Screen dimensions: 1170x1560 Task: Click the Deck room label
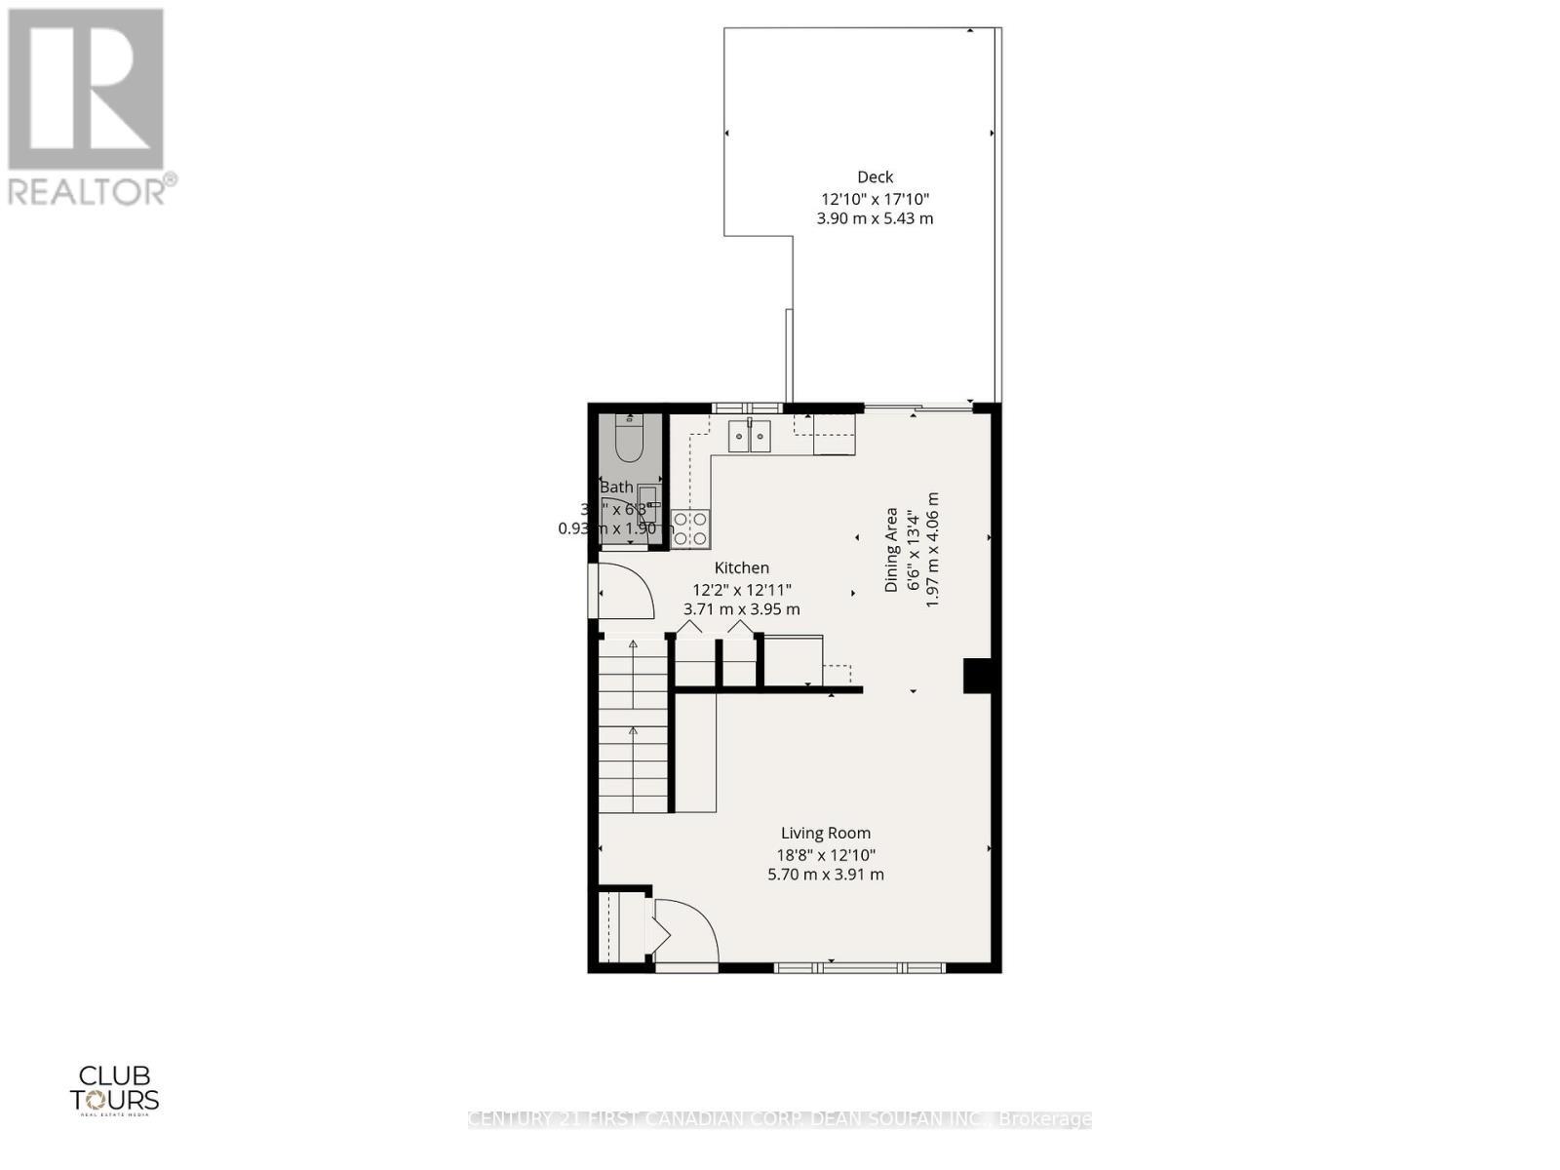coord(875,176)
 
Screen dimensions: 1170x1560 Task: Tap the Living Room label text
coord(825,833)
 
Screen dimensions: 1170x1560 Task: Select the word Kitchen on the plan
coord(741,567)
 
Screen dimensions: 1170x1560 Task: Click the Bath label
coord(616,487)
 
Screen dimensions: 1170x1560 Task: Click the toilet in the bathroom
coord(630,439)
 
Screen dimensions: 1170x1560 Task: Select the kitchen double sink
coord(750,436)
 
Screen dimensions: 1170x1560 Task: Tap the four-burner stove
coord(689,527)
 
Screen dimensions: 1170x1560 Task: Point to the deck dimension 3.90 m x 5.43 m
coord(875,218)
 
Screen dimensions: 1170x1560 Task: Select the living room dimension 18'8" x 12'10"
coord(825,854)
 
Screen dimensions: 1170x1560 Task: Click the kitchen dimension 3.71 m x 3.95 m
coord(741,609)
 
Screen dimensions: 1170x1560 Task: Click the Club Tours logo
coord(114,1088)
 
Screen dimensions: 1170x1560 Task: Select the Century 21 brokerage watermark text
coord(779,1119)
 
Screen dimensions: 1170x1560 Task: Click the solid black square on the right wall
coord(977,676)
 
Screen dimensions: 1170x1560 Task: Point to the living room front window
coord(860,967)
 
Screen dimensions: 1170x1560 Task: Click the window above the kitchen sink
coord(746,408)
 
